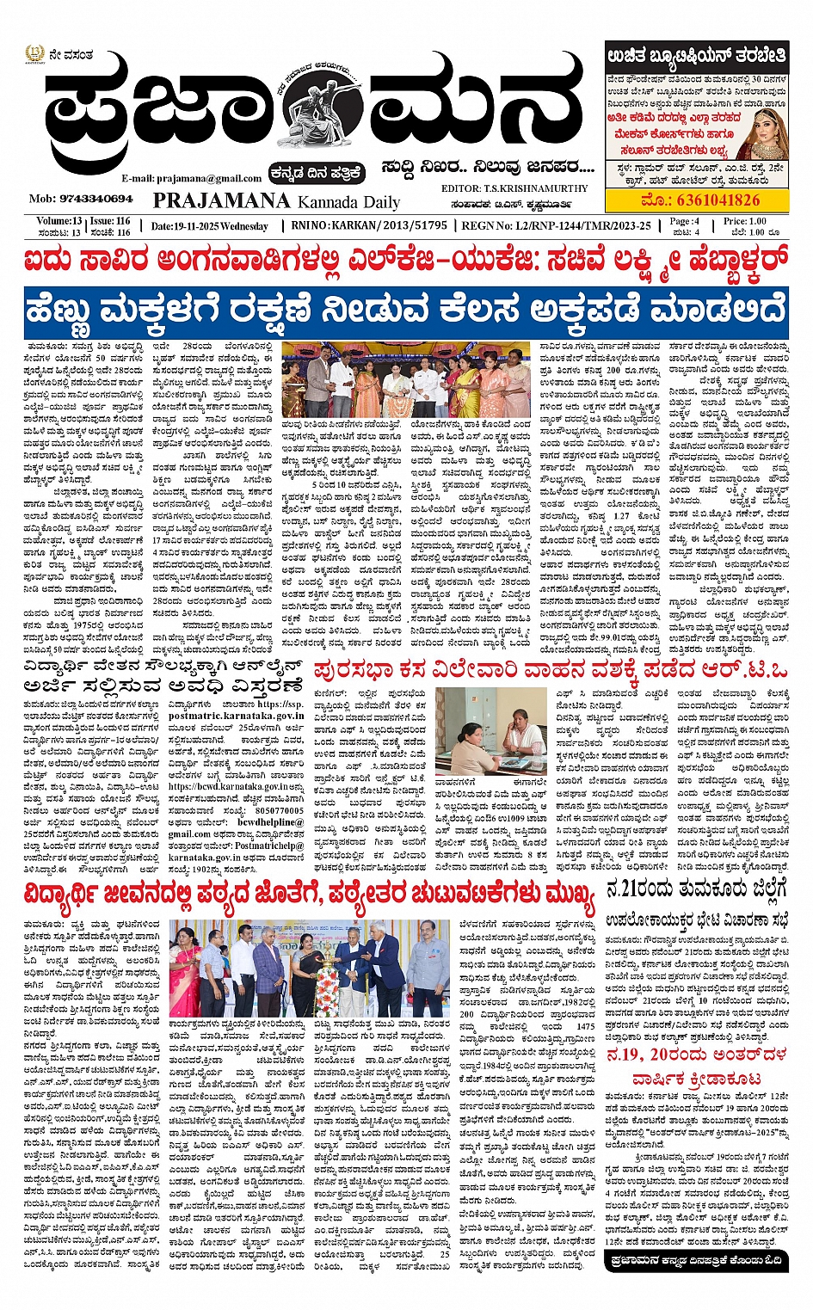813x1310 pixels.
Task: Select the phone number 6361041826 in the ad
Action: click(700, 200)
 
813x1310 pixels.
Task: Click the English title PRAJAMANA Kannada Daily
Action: click(276, 201)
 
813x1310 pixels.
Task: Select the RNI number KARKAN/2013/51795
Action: click(380, 225)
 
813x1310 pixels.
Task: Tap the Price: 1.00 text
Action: click(744, 221)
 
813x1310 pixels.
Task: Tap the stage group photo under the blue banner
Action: click(406, 379)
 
